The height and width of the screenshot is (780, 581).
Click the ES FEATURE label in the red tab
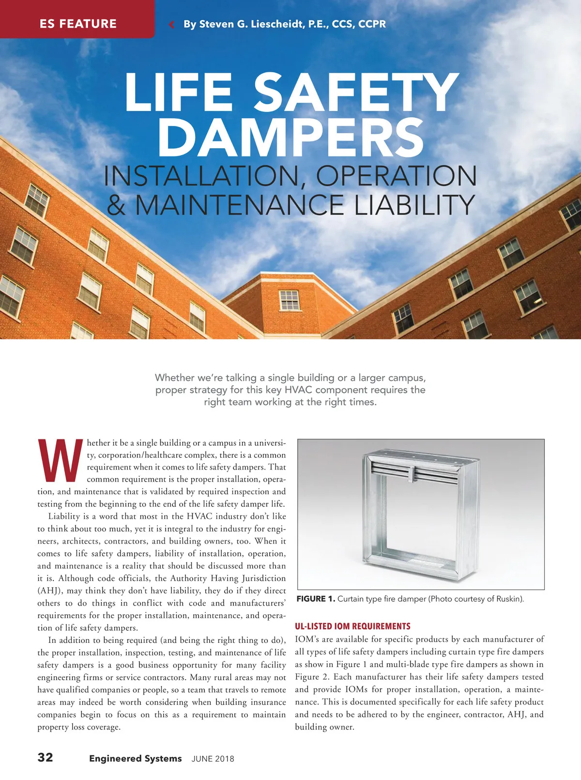(78, 24)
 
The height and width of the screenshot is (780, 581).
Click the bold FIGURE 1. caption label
(316, 599)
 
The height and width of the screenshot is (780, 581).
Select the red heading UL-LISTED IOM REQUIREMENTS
(352, 626)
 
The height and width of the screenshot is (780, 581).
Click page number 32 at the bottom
(46, 757)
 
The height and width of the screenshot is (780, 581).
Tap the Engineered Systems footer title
(136, 758)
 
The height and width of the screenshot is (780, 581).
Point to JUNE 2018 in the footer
(213, 759)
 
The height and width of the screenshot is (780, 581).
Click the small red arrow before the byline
(171, 24)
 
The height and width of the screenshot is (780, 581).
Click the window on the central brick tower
(290, 300)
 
